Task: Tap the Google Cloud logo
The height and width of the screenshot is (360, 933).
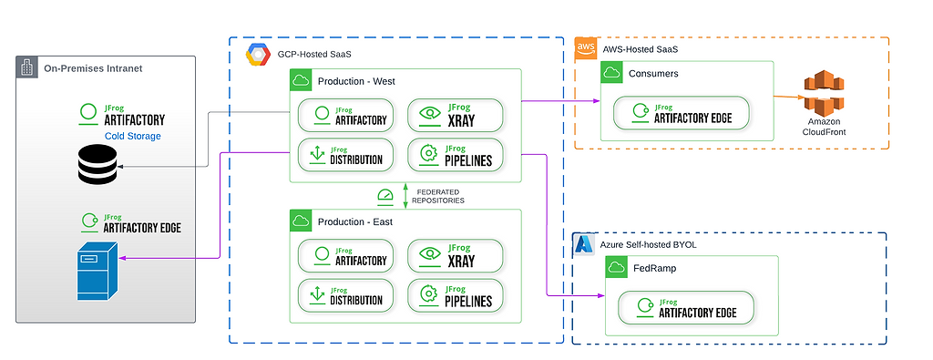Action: tap(259, 54)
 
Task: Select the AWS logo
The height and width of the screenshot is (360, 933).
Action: tap(587, 49)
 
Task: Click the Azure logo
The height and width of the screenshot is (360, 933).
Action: tap(584, 245)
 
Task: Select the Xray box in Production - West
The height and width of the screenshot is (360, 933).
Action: tap(454, 115)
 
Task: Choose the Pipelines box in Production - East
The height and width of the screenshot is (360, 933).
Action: tap(454, 295)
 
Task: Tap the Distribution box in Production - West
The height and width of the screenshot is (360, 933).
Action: tap(345, 155)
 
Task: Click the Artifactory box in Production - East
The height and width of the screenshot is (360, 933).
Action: tap(345, 254)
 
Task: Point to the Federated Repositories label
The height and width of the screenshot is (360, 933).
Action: tap(439, 196)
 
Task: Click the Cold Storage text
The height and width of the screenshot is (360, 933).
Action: tap(133, 136)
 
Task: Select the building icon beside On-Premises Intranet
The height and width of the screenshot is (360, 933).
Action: tap(27, 67)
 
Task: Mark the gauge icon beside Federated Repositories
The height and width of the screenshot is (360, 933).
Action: tap(385, 195)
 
